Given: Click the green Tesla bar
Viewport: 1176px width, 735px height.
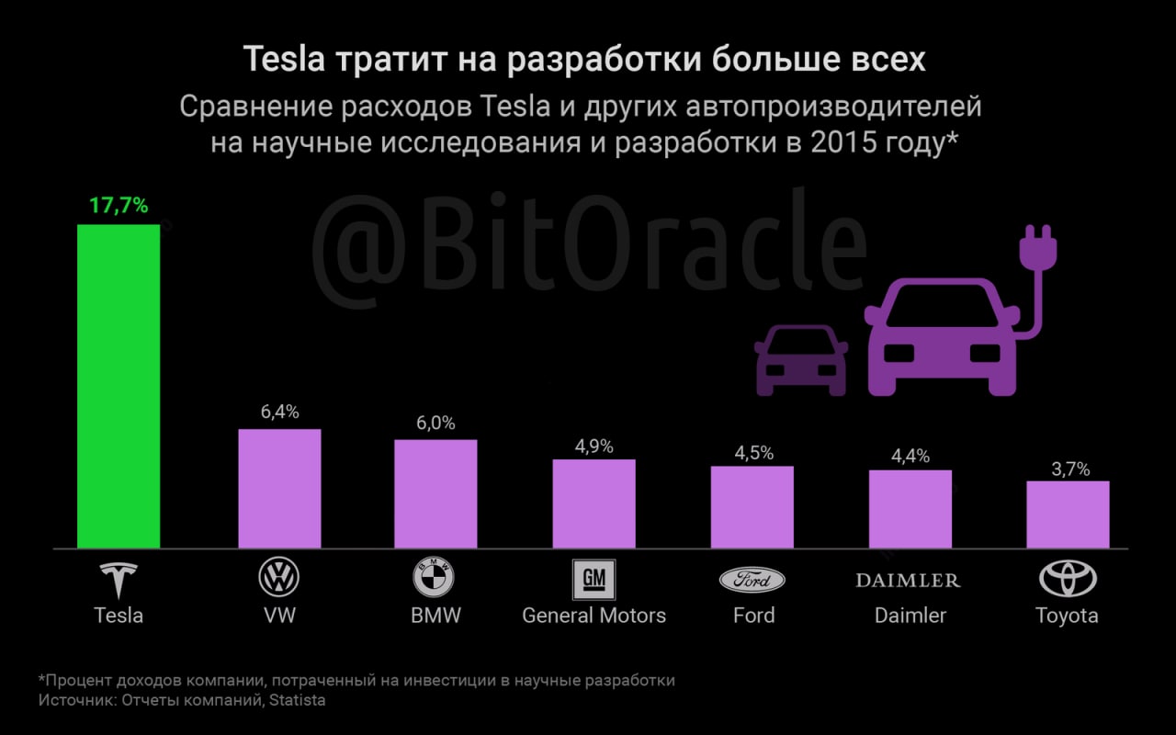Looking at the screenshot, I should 119,386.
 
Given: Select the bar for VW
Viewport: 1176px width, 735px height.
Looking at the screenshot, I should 279,489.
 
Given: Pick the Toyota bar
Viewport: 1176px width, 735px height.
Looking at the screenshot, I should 1068,514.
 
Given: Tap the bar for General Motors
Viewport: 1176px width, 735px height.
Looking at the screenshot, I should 594,503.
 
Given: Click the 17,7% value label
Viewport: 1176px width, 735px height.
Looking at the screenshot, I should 119,206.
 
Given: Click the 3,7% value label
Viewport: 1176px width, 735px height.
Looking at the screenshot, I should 1070,469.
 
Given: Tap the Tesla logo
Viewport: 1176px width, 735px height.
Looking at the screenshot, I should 119,580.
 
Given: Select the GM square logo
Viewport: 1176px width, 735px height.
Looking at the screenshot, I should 594,580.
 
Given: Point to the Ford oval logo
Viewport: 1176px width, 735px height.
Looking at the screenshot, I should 752,580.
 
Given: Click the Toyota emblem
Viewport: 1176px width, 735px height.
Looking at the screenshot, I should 1068,580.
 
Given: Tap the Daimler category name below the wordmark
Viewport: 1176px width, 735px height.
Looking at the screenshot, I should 910,615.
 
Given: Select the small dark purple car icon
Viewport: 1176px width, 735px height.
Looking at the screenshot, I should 800,360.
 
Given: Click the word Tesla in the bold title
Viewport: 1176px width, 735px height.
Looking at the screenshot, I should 284,61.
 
